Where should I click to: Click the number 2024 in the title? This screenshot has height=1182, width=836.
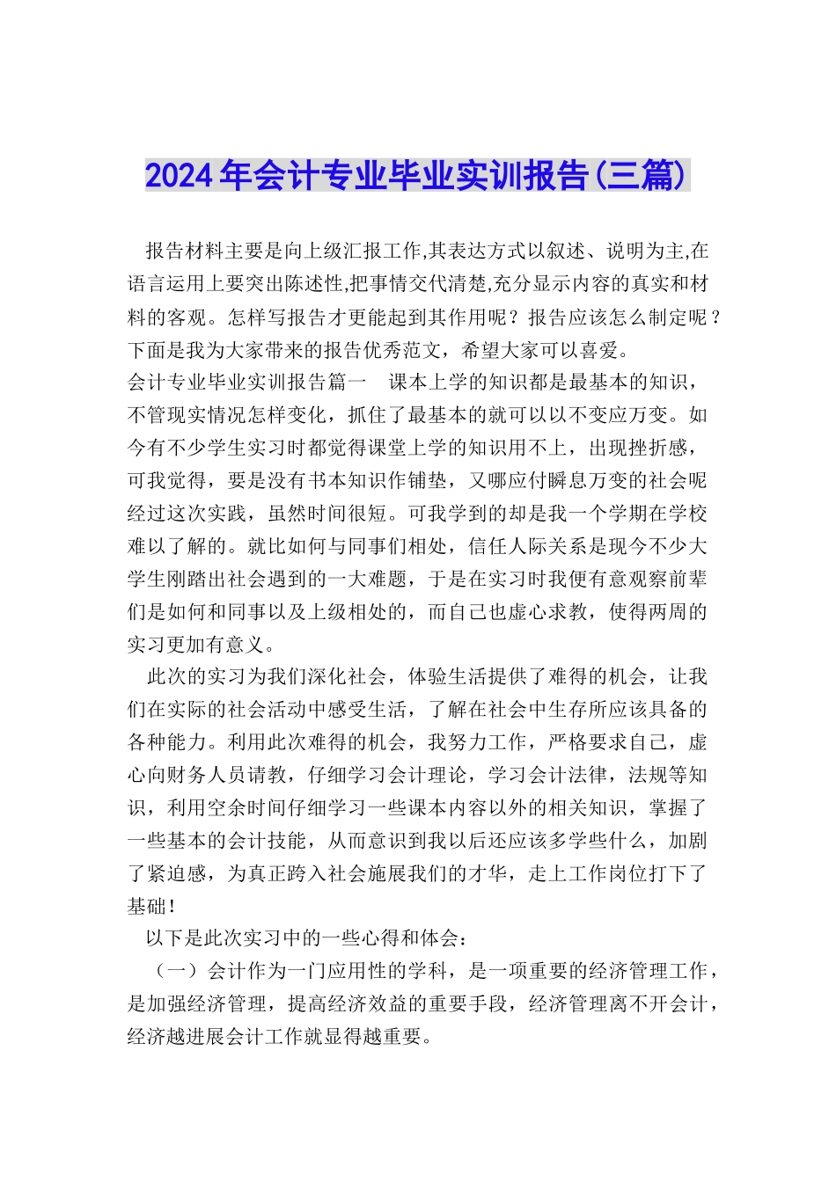(179, 176)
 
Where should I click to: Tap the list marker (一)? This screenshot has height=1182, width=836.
(178, 972)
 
